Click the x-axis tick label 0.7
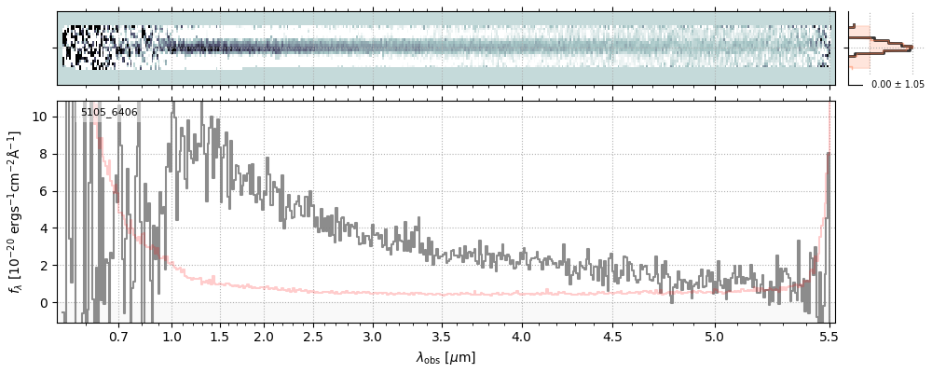click(x=118, y=336)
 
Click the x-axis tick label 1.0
click(x=171, y=336)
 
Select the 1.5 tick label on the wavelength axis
click(x=219, y=336)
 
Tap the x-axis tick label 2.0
click(x=264, y=336)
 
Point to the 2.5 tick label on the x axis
click(x=313, y=336)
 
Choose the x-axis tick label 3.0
click(x=372, y=336)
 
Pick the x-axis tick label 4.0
click(x=521, y=336)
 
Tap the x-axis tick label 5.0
click(x=715, y=336)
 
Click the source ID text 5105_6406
click(x=109, y=113)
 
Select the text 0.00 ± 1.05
click(x=898, y=84)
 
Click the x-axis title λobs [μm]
click(x=445, y=357)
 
